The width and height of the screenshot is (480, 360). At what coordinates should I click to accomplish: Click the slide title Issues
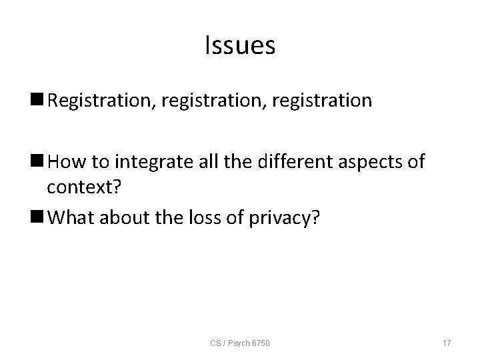[x=239, y=46]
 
